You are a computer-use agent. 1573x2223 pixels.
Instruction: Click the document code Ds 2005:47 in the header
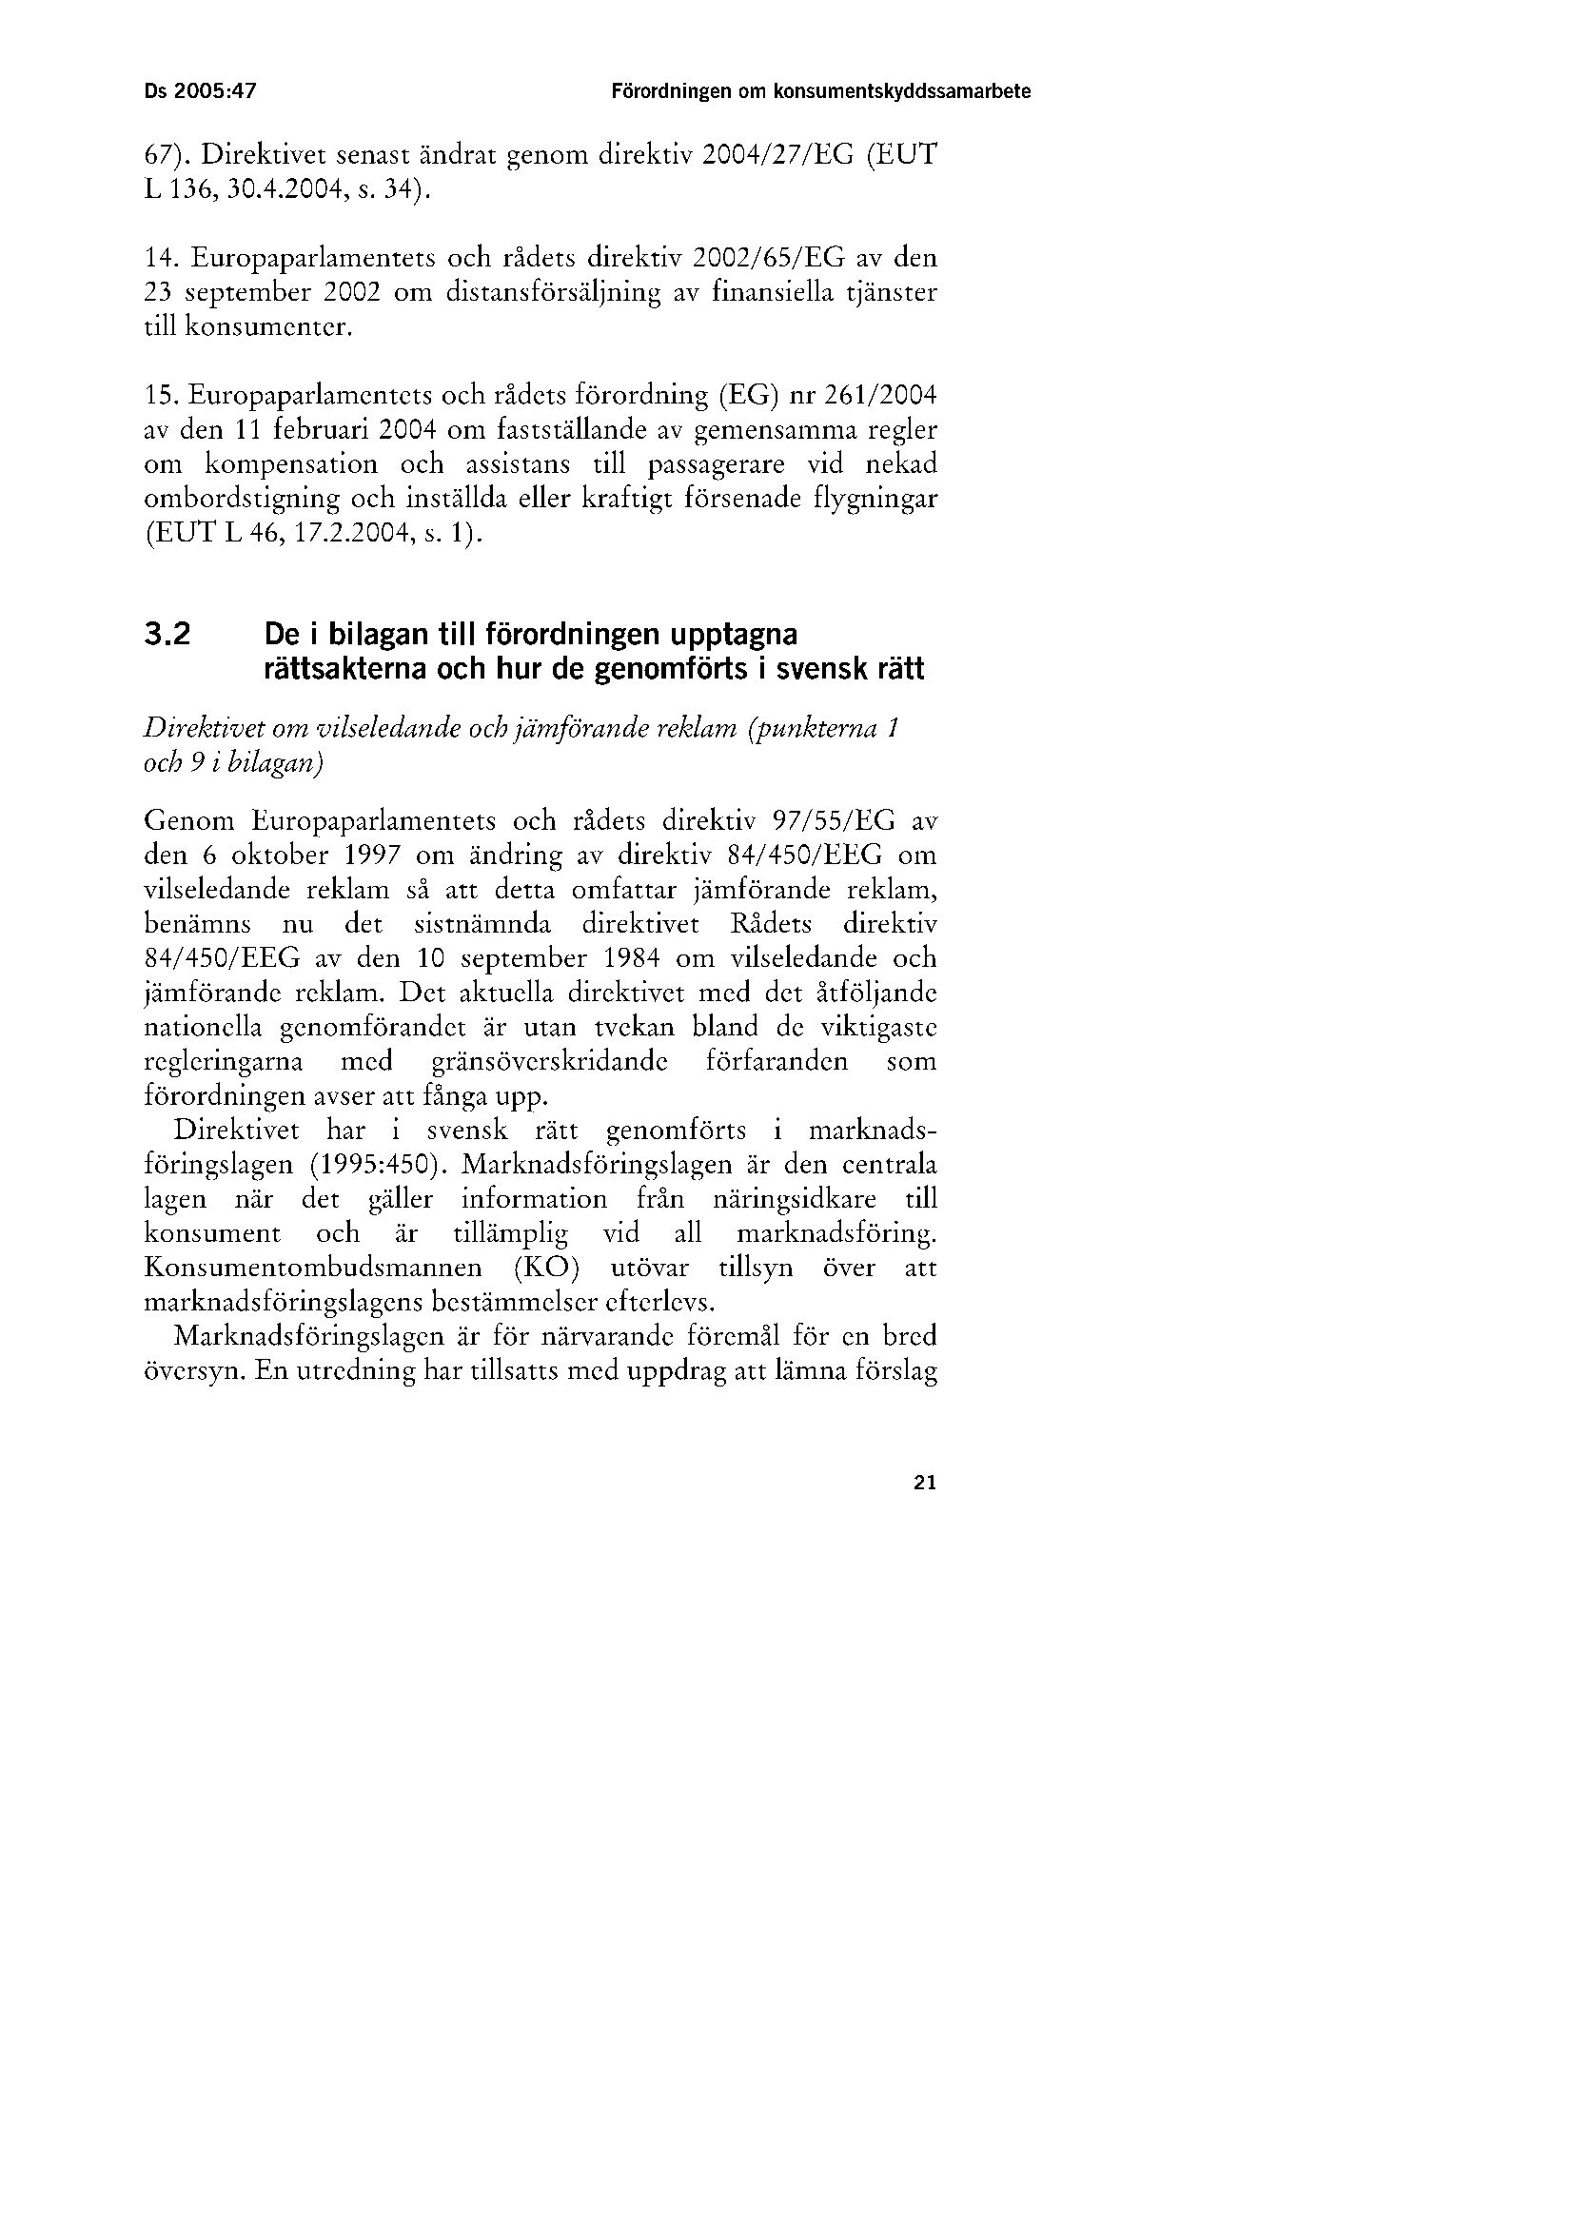[201, 92]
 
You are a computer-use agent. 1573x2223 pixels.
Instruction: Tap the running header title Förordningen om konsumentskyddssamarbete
[820, 92]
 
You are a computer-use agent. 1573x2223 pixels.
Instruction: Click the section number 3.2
[167, 636]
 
